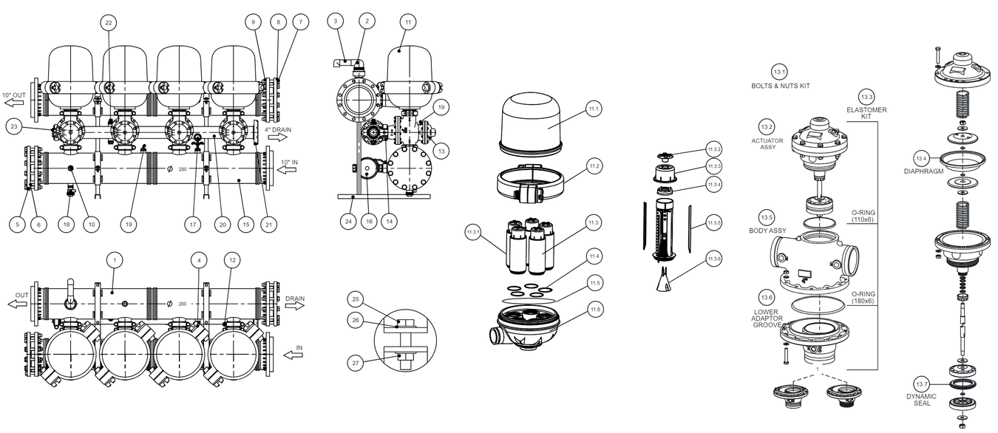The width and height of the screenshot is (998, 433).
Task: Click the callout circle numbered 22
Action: click(109, 23)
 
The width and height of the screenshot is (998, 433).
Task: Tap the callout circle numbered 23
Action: click(14, 126)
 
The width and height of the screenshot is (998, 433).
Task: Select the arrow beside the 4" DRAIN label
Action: click(277, 137)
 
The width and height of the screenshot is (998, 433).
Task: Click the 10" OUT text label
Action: click(14, 95)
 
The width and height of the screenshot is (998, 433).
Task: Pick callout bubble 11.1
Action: click(594, 109)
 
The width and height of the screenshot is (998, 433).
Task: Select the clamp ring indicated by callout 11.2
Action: click(530, 183)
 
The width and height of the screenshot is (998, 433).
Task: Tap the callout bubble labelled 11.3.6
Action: click(714, 259)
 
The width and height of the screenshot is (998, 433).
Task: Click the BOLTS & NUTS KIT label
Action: click(781, 86)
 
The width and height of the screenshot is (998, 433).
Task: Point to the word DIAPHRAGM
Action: click(923, 171)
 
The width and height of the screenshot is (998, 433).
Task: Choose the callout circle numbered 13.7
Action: click(922, 384)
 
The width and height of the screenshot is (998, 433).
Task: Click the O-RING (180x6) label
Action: click(863, 298)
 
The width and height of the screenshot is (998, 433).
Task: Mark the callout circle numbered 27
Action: click(356, 363)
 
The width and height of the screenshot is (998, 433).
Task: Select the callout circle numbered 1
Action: click(115, 260)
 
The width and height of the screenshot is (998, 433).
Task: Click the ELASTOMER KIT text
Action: click(866, 113)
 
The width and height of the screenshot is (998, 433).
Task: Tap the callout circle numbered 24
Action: click(348, 222)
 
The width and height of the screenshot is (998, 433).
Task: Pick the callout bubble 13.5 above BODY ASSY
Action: click(767, 217)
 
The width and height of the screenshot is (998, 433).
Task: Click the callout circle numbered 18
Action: click(67, 225)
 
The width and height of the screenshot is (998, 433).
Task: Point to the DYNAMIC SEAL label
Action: click(921, 400)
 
